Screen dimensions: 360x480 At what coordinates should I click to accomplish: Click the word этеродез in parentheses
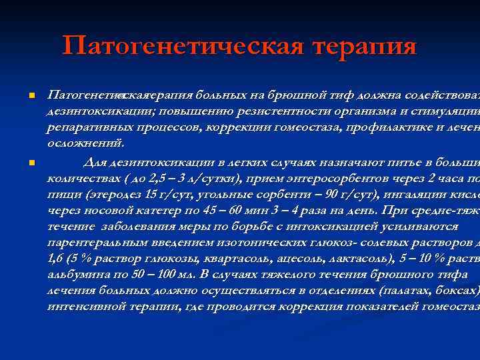click(x=109, y=193)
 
